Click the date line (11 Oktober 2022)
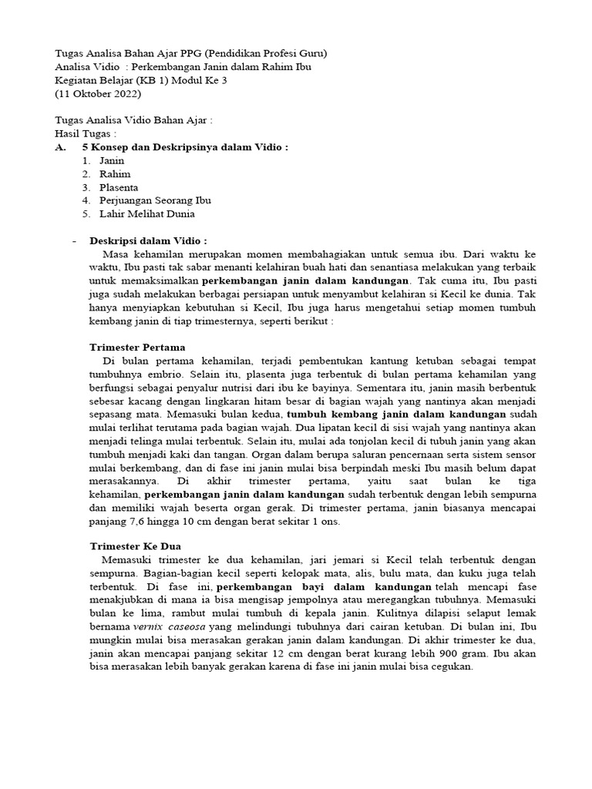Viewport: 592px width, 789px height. point(98,94)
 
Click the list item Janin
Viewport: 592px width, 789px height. point(111,160)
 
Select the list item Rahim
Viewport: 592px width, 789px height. point(115,174)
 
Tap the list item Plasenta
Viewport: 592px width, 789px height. point(119,187)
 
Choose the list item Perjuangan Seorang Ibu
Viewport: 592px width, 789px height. point(155,200)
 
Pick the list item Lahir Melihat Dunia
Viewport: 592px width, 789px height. point(146,213)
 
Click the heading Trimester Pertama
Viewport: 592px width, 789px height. point(137,347)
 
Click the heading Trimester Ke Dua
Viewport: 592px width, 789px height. point(136,546)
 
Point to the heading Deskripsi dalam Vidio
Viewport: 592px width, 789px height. point(148,240)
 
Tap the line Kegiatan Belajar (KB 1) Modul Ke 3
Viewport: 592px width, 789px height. point(141,81)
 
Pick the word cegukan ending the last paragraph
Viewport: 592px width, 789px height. point(452,666)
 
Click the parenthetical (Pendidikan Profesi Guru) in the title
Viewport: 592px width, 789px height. point(262,54)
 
